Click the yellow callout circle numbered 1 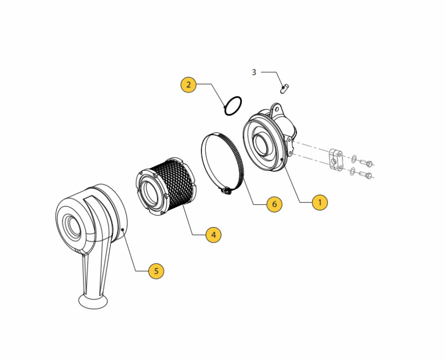coord(320,203)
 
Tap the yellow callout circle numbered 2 coord(189,85)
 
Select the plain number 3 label coord(254,72)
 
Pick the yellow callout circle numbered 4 coord(214,235)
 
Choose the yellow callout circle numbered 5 coord(156,271)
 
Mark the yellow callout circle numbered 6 coord(274,204)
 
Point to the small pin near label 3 coord(284,88)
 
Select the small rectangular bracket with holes coord(336,159)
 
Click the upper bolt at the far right coord(366,164)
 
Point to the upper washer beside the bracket coord(354,159)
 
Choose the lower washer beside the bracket coord(353,171)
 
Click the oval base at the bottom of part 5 coord(93,302)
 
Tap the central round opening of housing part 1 coord(261,145)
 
